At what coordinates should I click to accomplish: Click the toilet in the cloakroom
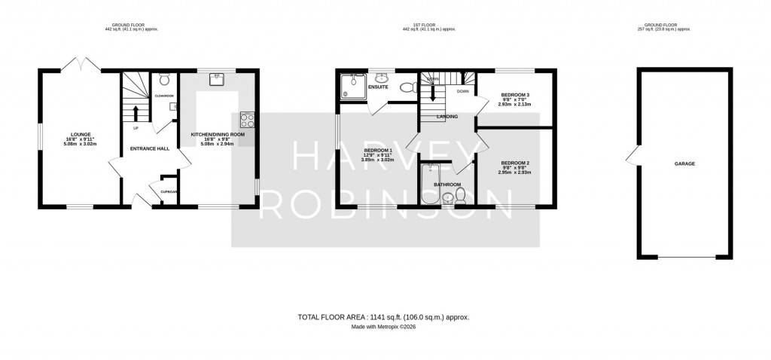(165, 78)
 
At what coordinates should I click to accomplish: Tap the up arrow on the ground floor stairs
(136, 114)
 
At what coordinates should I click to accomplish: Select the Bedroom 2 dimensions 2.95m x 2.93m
(516, 172)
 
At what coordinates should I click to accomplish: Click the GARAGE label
(684, 163)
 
